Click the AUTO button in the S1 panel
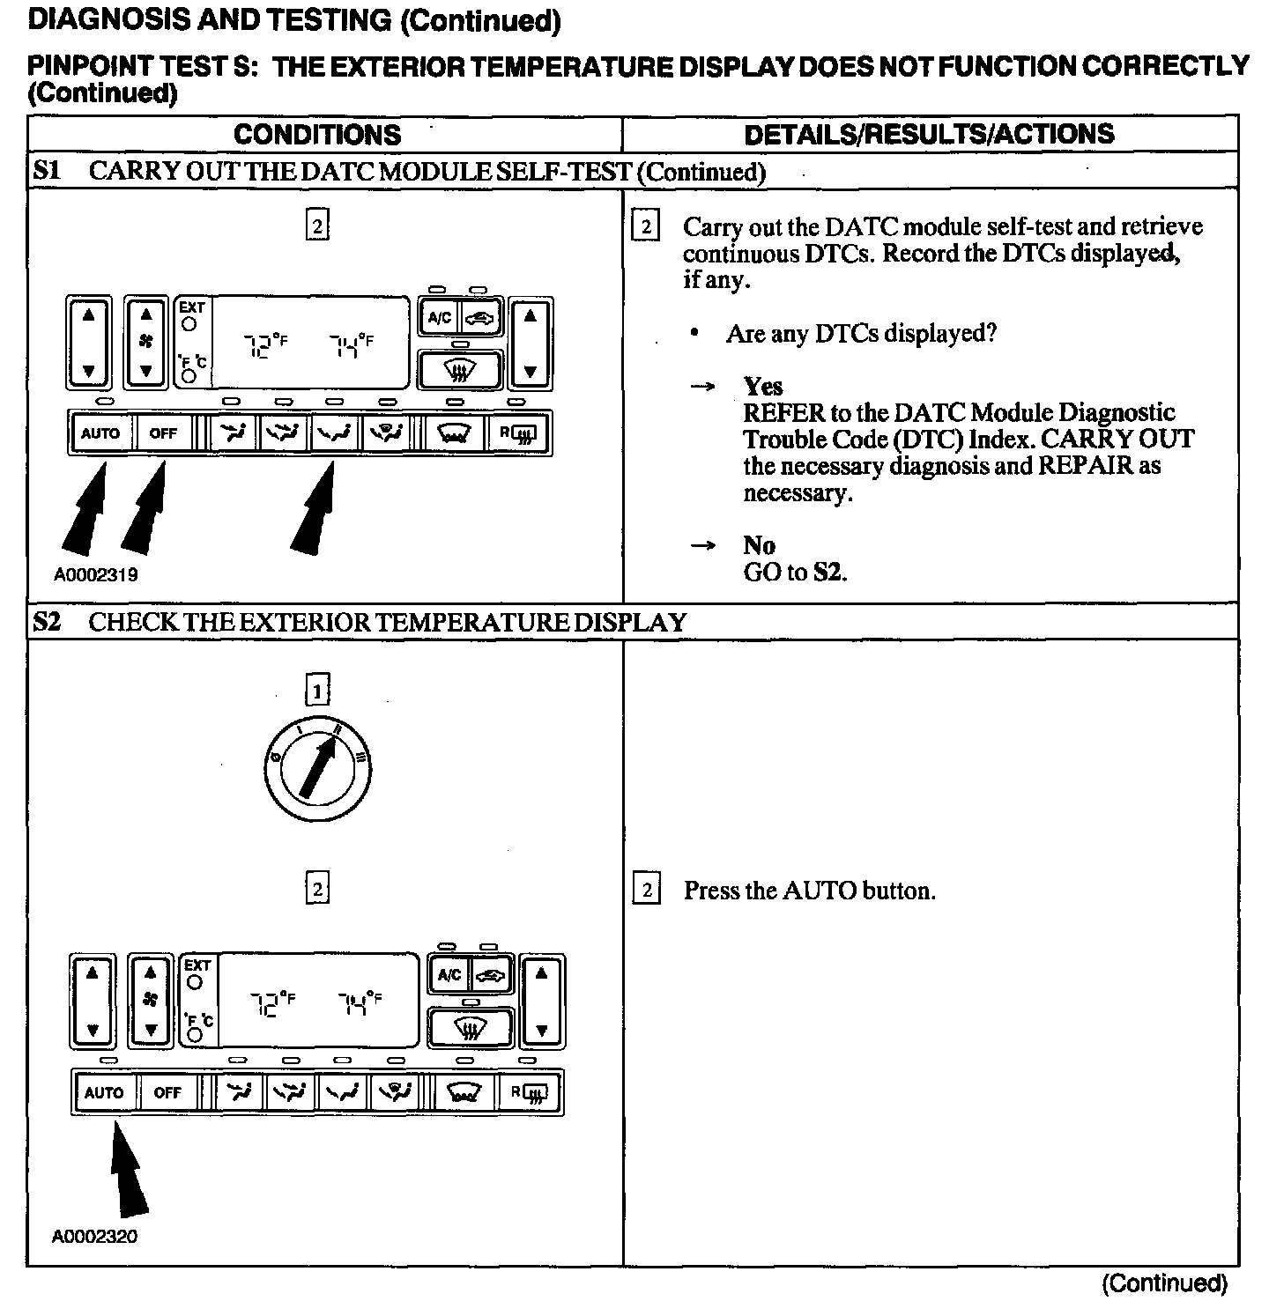(x=100, y=433)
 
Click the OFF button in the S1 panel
(x=163, y=433)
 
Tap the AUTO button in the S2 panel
(x=104, y=1093)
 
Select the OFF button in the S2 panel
(x=167, y=1093)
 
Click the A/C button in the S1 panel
(x=439, y=319)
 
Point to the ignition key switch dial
(x=317, y=769)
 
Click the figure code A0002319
(x=96, y=575)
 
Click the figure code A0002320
(x=95, y=1237)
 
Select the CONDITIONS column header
(x=317, y=135)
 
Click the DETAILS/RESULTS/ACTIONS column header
(x=929, y=135)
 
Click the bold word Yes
(x=762, y=387)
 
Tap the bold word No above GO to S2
(x=759, y=545)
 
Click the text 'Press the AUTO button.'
(x=809, y=891)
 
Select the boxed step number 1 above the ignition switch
(x=317, y=690)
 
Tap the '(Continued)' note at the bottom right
(x=1164, y=1283)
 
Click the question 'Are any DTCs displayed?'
(x=861, y=334)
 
